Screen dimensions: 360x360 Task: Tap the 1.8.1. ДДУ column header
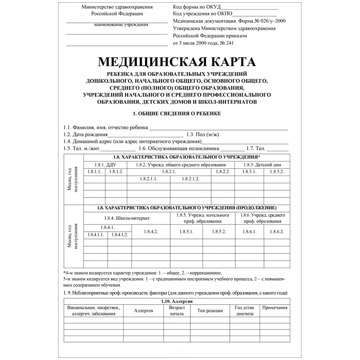[105, 165]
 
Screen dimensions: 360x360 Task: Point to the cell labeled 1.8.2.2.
[223, 172]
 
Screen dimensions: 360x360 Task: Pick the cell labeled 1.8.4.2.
[151, 231]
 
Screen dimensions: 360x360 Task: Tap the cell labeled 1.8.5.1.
[187, 231]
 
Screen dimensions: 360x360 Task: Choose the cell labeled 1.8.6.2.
[276, 231]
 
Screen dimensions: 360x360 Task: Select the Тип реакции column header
[210, 310]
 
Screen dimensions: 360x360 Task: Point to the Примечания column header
[274, 308]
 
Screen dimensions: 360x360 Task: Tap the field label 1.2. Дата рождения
[85, 135]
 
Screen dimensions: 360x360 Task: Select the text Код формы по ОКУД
[197, 8]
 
